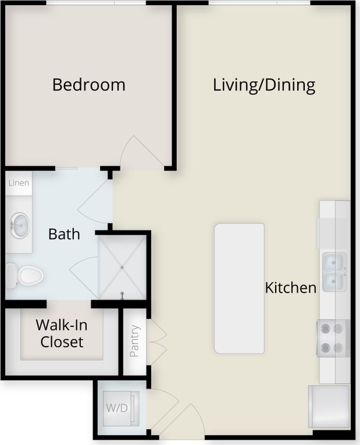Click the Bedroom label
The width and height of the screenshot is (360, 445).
coord(88,85)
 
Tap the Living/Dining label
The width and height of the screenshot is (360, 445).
coord(264,86)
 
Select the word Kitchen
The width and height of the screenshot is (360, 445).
coord(291,287)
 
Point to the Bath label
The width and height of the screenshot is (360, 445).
coord(64,234)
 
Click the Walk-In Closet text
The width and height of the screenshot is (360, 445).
coord(62,333)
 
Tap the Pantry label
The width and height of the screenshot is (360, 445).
coord(134,341)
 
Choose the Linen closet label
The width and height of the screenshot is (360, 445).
coord(19,183)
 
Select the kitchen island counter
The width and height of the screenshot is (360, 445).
coord(239,288)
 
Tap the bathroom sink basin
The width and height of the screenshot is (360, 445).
coord(20,225)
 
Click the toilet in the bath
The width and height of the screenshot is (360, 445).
coord(24,275)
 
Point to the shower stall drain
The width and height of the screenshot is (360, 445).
coord(122,267)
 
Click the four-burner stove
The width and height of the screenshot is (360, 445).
coord(332,339)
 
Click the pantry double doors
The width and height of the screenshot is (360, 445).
coord(157,341)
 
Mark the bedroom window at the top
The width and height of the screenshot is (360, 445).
coord(96,3)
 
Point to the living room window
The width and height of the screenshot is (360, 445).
coord(259,3)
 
